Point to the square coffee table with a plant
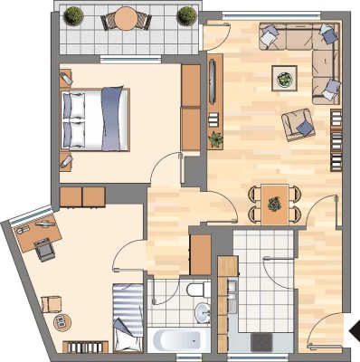click(285, 80)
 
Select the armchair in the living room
click(298, 124)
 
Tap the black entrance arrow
click(354, 329)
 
